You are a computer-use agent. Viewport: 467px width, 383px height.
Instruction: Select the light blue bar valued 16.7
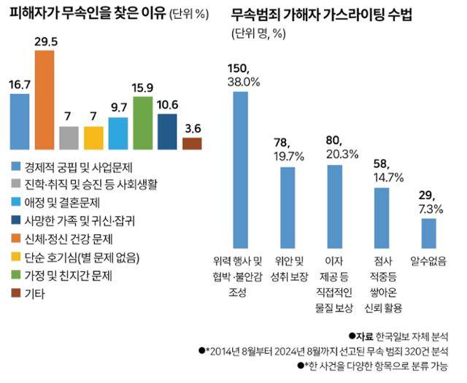(20, 121)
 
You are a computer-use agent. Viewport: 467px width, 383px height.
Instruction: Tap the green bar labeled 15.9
(143, 123)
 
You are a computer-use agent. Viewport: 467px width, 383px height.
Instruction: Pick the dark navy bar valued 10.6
(167, 131)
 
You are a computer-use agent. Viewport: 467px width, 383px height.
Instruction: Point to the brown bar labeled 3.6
(192, 143)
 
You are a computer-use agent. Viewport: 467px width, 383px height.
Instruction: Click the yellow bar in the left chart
(93, 137)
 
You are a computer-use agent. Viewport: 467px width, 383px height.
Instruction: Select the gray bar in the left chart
(69, 137)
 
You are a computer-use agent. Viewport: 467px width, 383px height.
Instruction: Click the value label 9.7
(118, 107)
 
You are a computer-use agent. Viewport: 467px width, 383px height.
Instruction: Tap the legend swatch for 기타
(18, 294)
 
